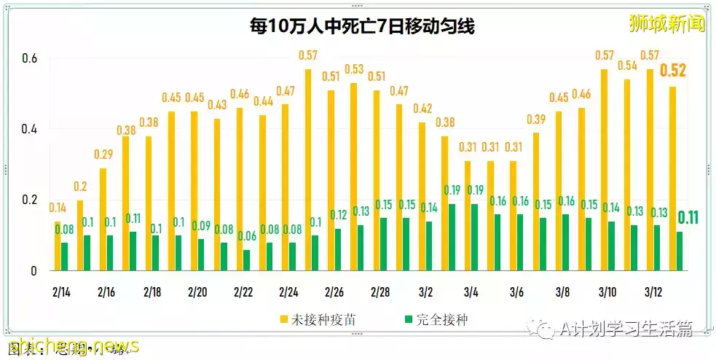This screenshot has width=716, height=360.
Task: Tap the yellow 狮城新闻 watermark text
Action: pos(667,23)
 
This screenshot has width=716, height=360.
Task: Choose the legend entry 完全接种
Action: pos(434,319)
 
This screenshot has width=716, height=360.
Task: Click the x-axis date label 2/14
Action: pos(61,291)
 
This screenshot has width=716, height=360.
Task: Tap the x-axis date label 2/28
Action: pos(380,291)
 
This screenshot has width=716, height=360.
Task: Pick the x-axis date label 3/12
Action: pos(652,291)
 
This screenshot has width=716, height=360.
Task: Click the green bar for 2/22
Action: pos(246,260)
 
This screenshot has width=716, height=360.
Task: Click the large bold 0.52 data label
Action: pos(672,71)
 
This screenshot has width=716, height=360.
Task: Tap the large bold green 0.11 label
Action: pos(688,217)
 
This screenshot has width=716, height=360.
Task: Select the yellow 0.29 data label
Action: pos(103,154)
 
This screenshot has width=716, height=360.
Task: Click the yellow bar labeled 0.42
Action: pos(422,197)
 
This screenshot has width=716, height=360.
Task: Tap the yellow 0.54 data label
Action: pos(626,66)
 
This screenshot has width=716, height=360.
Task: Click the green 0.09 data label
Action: pos(201,226)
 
